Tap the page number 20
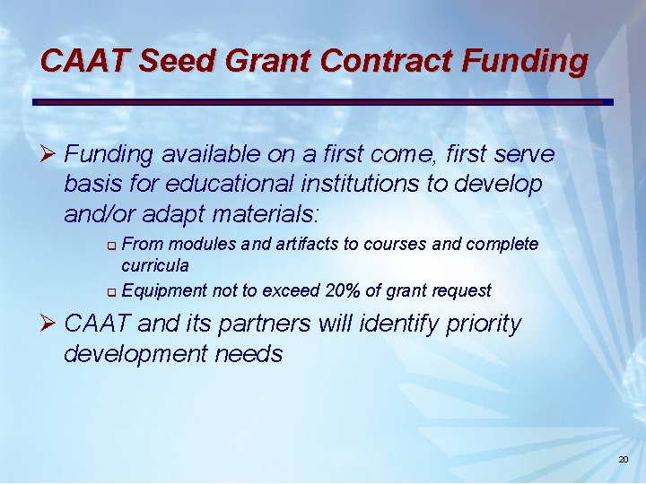[624, 460]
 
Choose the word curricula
[155, 265]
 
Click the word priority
[483, 324]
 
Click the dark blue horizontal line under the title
[323, 101]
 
